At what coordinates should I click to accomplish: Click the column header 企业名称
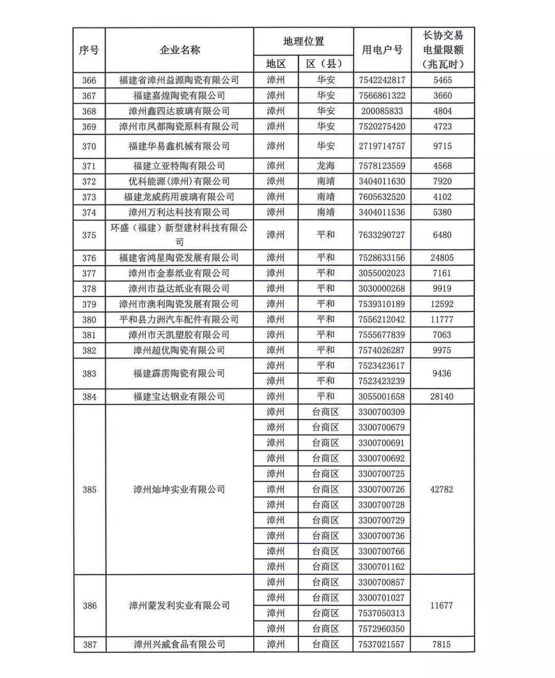click(x=179, y=50)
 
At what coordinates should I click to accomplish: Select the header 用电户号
click(x=382, y=50)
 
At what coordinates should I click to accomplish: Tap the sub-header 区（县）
click(x=325, y=64)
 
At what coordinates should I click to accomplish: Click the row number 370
click(x=89, y=146)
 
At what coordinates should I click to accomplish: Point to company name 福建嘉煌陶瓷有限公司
click(x=179, y=96)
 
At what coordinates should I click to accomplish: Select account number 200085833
click(x=382, y=111)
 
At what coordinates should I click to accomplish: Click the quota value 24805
click(x=442, y=258)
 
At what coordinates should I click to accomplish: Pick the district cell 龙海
click(x=326, y=166)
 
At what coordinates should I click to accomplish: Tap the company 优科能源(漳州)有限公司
click(x=179, y=181)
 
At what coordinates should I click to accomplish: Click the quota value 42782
click(x=442, y=489)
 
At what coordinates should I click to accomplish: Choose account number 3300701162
click(x=382, y=567)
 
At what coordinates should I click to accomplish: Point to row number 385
click(x=89, y=489)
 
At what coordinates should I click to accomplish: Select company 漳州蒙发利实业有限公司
click(x=179, y=606)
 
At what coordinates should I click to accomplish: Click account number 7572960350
click(x=382, y=629)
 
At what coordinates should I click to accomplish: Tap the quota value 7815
click(x=442, y=644)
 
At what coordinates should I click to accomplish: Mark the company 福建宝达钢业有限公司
click(x=179, y=397)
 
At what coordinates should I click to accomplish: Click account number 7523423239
click(x=382, y=381)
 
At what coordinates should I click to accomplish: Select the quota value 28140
click(x=442, y=397)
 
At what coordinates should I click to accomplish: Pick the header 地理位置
click(x=304, y=42)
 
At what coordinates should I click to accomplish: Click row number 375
click(x=89, y=235)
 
